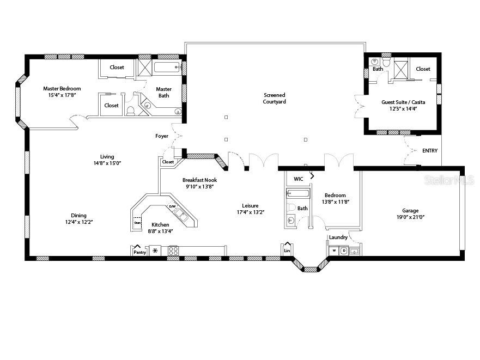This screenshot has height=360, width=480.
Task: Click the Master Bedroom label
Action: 62,89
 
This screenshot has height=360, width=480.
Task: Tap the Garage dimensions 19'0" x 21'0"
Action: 410,217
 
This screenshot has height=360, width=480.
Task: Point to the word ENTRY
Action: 429,151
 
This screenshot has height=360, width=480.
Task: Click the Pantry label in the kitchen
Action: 139,252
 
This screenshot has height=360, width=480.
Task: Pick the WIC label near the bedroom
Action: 298,179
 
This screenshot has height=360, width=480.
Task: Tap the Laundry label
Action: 338,237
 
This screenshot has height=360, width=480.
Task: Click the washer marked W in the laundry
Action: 334,251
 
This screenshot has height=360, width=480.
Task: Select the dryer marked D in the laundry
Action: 344,251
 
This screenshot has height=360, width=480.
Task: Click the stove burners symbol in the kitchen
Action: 173,251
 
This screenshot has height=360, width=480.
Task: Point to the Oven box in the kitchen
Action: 138,222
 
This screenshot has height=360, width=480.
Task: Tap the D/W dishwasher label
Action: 172,206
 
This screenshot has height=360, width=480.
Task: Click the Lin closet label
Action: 287,251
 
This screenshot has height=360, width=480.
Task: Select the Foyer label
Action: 162,136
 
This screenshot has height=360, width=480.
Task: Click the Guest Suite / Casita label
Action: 403,102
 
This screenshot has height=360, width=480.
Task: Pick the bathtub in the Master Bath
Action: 166,68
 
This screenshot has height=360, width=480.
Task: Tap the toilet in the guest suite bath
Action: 386,64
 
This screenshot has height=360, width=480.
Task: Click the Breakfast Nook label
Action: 199,180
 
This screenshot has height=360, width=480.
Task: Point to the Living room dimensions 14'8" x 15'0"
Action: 103,163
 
